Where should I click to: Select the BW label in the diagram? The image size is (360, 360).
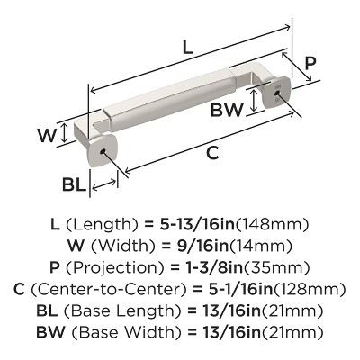tap(229, 111)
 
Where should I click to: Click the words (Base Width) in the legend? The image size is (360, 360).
tap(125, 331)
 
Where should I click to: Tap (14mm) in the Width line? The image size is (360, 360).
tap(248, 246)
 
